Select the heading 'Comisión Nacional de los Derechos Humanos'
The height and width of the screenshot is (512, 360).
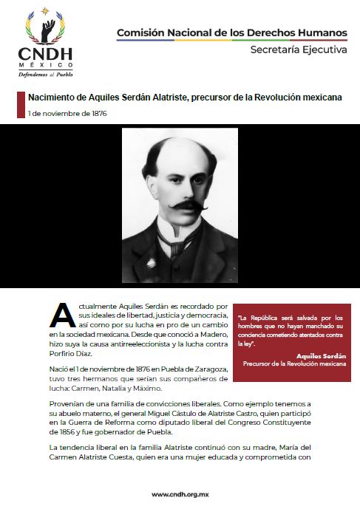click(231, 33)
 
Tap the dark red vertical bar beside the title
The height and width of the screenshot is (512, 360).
click(21, 105)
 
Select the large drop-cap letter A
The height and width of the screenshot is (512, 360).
click(62, 315)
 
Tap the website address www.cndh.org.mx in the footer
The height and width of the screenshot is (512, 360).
click(180, 494)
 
